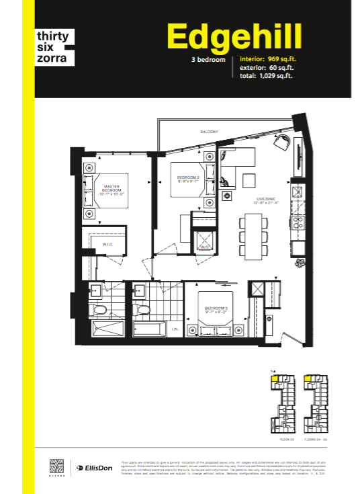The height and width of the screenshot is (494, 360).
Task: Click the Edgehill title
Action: (x=234, y=38)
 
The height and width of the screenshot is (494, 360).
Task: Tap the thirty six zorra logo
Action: (x=53, y=45)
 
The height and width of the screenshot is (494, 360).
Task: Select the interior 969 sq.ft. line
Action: (x=268, y=59)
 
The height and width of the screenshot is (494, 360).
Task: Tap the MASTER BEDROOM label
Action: (x=111, y=191)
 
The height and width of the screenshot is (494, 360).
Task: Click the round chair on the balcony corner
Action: (x=282, y=142)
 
